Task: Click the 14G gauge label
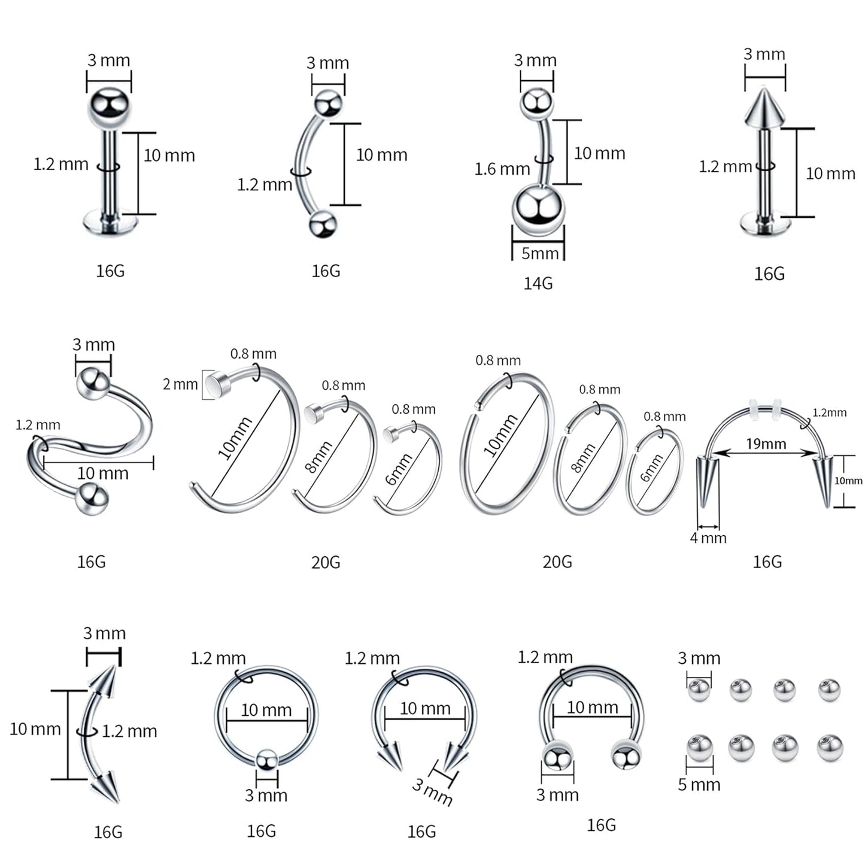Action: [538, 283]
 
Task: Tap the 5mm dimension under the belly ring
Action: [539, 253]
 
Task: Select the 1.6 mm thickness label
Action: [502, 169]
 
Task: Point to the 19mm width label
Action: [766, 444]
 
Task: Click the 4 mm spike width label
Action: [708, 538]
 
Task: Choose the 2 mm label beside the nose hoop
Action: [180, 384]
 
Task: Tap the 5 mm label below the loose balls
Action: [699, 785]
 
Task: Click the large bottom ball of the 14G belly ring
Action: [538, 210]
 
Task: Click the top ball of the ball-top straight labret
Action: [109, 107]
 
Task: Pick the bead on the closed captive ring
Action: [266, 761]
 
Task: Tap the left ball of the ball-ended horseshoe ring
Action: [557, 758]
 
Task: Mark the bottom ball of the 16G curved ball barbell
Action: [323, 225]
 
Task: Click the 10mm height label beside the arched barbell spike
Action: [848, 481]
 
